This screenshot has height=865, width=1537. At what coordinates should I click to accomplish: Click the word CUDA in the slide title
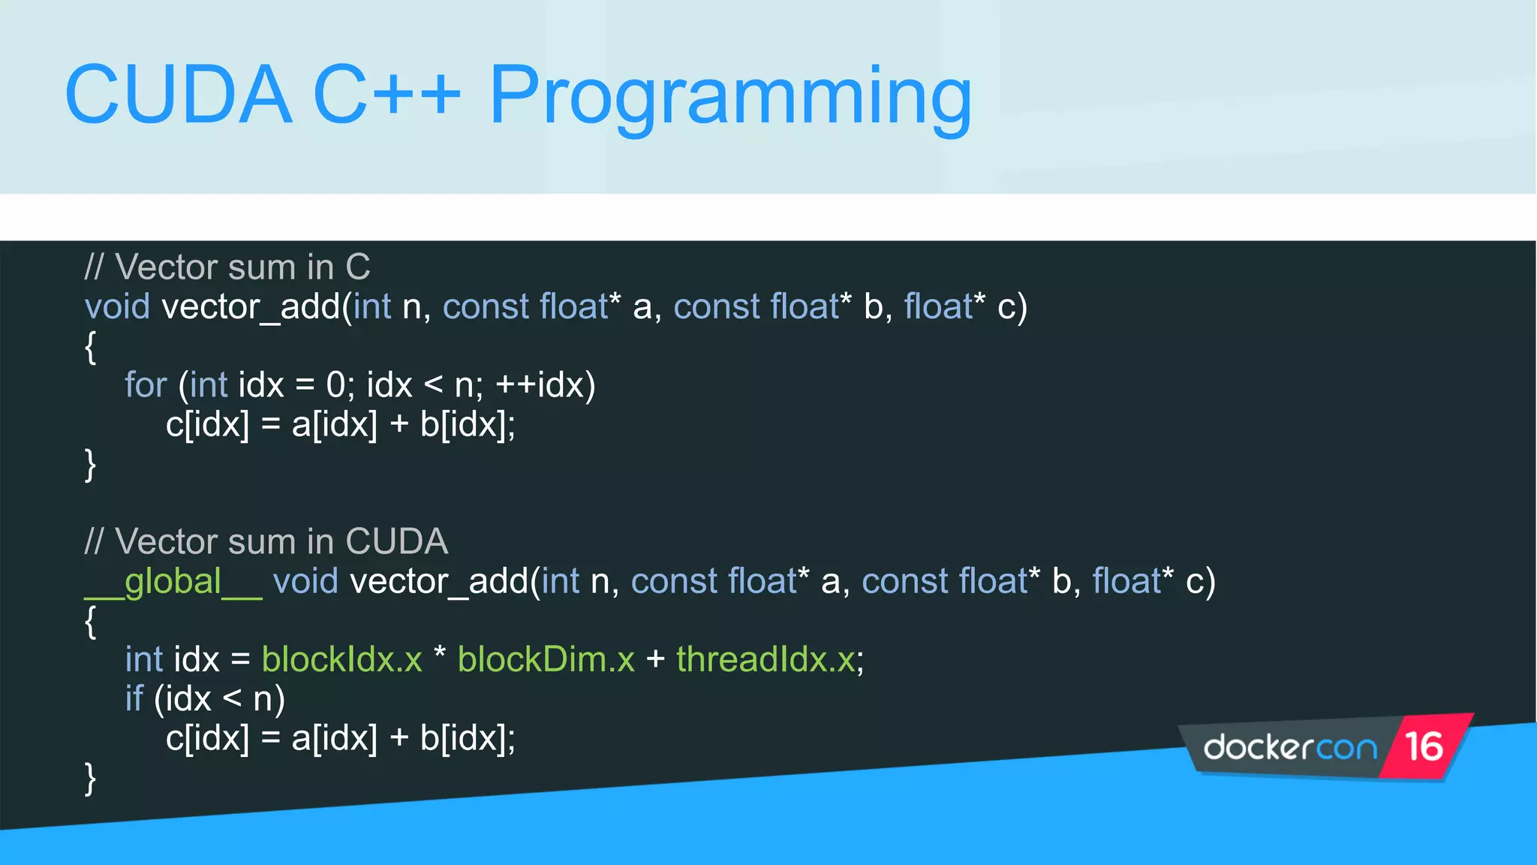pos(178,95)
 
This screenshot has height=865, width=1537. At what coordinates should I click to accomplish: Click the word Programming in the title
pos(730,98)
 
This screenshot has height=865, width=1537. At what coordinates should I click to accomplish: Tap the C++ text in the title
pos(387,95)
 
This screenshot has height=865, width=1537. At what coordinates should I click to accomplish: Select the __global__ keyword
pos(173,582)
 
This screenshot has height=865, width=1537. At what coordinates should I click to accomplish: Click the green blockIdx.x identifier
pos(341,660)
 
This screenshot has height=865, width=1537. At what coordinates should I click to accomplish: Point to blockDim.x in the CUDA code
pos(546,660)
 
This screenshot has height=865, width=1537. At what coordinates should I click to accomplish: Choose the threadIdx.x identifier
pos(765,660)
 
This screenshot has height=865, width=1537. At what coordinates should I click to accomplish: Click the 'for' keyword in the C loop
pos(146,385)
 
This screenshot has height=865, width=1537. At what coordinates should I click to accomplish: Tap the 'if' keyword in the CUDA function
pos(134,699)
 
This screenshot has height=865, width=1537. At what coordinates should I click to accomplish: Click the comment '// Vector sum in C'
pos(227,268)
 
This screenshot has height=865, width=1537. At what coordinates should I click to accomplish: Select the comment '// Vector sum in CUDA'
pos(266,542)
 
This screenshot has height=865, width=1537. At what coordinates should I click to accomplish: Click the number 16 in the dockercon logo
pos(1423,747)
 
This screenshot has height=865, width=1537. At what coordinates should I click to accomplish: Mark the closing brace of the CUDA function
pos(91,779)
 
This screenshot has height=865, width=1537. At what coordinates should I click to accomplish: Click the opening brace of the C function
pos(91,347)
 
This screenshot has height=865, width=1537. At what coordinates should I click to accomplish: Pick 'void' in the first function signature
pos(117,307)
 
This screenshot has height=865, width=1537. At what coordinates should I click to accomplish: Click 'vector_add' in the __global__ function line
pos(439,582)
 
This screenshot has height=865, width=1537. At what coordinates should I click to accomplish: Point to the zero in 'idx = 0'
pos(335,385)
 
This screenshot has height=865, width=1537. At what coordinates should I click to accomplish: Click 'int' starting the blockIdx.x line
pos(144,660)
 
